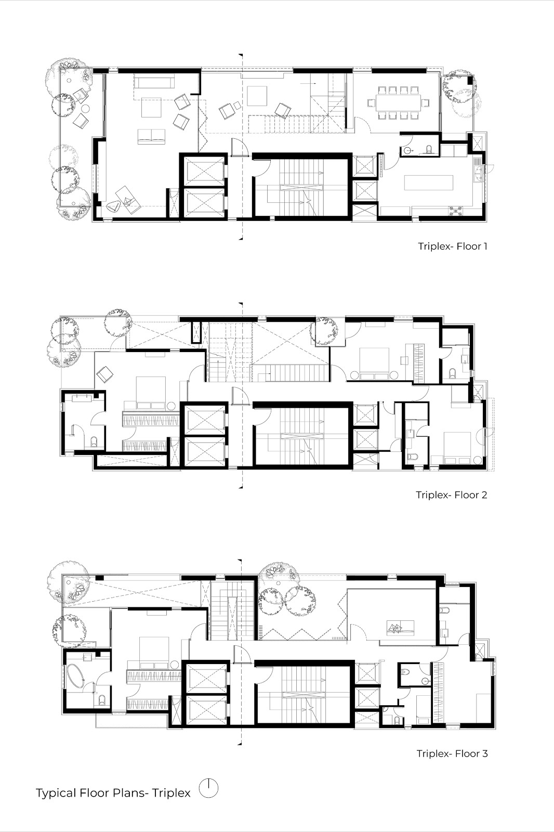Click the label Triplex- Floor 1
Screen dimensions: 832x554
452,246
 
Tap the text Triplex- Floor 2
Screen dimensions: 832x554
451,495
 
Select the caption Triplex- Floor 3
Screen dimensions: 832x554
452,753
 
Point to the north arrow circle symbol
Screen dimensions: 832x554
208,788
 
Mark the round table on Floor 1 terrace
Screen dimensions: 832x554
85,109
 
